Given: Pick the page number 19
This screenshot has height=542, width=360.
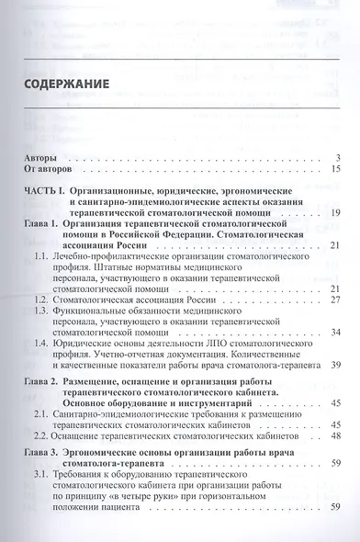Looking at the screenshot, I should [x=335, y=214].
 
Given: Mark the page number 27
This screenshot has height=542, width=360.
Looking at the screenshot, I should [x=335, y=300].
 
